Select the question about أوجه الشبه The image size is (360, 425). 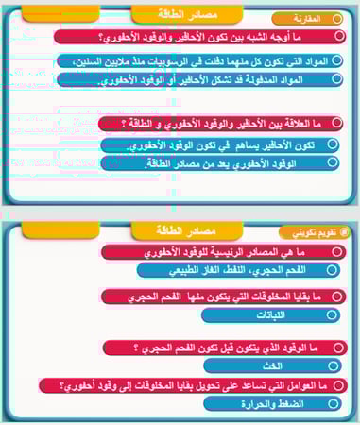189,37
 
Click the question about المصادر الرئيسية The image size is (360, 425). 217,253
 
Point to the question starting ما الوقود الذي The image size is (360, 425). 217,348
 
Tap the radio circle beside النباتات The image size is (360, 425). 332,315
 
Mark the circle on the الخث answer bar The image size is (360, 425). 332,365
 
